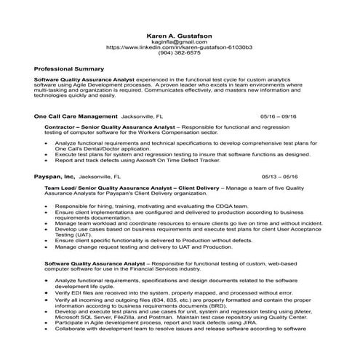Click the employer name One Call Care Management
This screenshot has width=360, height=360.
(x=76, y=116)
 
